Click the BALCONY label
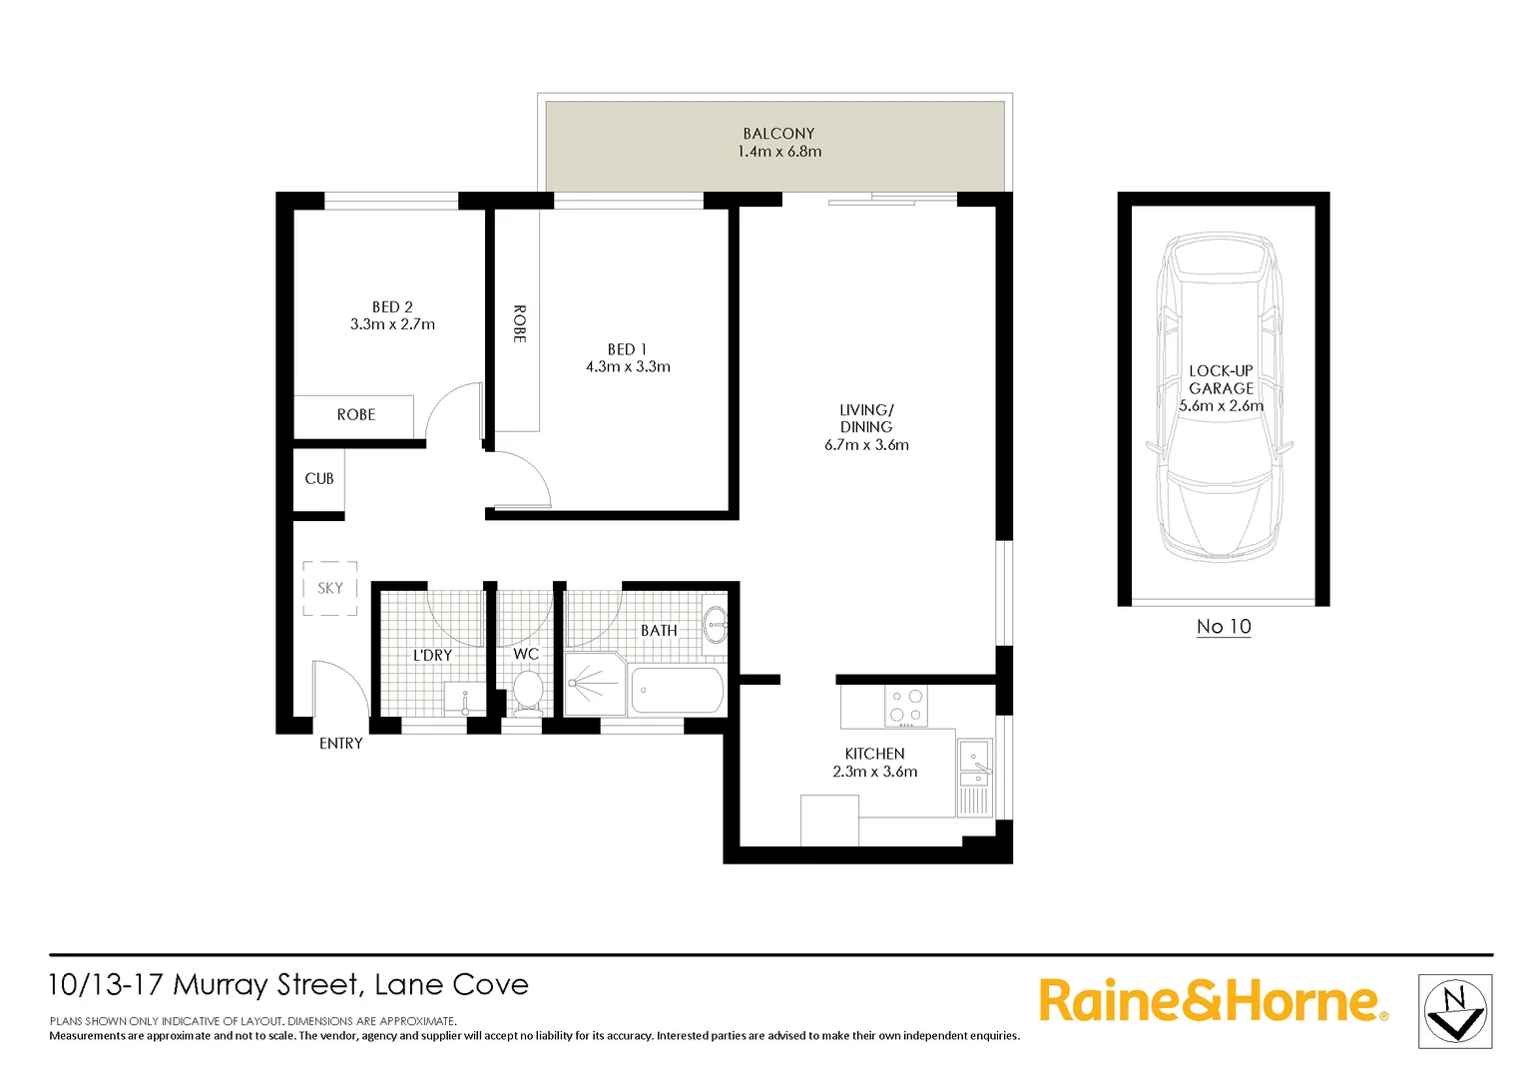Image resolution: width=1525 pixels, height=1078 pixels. coord(778,134)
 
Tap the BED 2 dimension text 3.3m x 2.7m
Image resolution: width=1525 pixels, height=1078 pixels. coord(392,324)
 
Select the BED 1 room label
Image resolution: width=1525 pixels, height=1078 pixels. coord(627,349)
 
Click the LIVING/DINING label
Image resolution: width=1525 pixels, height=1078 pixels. coord(866,418)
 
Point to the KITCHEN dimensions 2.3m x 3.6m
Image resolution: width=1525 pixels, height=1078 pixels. coord(874,772)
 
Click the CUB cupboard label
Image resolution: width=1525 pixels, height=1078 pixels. coord(319,479)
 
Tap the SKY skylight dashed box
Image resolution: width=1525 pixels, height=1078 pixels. coord(330,588)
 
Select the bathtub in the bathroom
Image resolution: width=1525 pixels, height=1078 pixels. coord(678,691)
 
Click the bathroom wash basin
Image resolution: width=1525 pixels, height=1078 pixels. coord(715,627)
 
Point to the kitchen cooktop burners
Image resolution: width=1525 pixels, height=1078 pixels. coord(906,706)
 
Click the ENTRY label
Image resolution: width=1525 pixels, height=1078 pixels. coord(340,744)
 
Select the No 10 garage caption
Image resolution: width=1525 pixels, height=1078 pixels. coord(1224,627)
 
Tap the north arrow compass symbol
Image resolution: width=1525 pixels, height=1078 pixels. coord(1455,1011)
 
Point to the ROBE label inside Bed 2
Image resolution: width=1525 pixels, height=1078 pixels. coord(355,415)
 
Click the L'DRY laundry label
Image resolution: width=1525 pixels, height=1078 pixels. coord(432,656)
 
